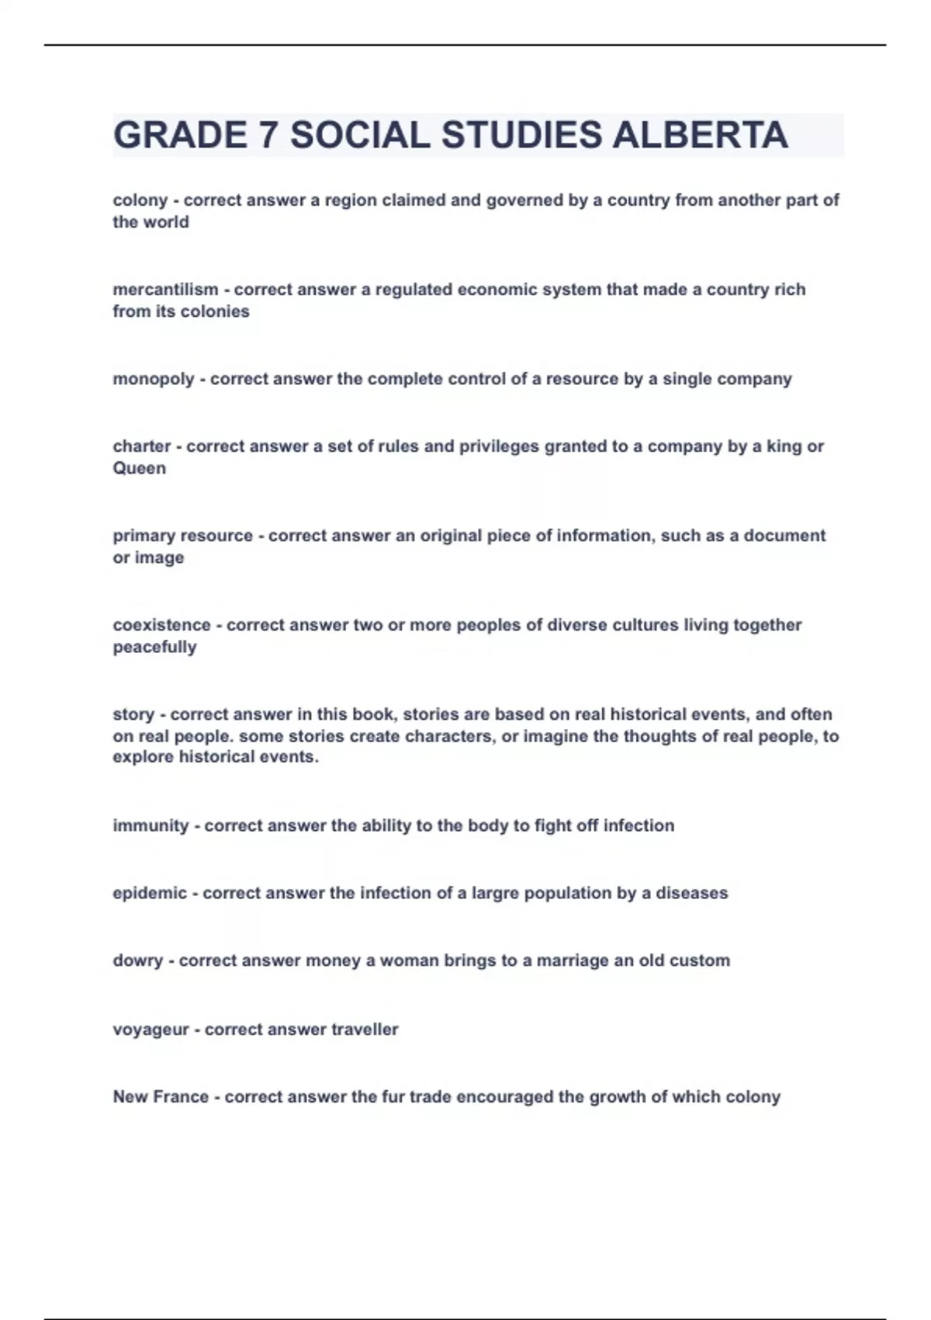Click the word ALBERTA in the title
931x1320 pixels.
(700, 135)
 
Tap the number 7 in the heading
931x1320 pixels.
(268, 135)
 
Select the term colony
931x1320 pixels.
(140, 200)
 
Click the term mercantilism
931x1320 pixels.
(165, 290)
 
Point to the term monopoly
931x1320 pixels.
(154, 380)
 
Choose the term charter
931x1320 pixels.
(142, 446)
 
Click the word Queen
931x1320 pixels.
(140, 468)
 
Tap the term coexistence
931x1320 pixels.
(161, 625)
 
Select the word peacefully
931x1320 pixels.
(154, 647)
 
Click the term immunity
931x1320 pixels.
(151, 825)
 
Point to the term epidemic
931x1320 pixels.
(150, 893)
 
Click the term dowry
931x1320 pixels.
(138, 960)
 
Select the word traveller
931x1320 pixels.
(365, 1030)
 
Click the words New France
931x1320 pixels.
(161, 1097)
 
